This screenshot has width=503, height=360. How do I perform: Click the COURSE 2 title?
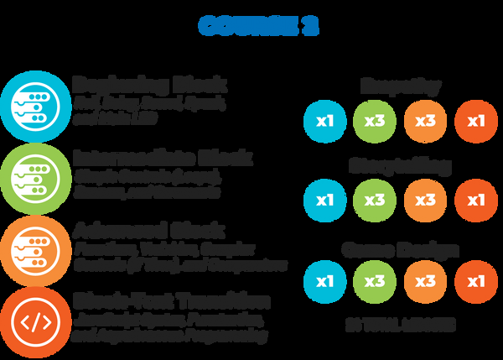pos(258,26)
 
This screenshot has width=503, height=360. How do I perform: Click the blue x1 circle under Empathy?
pos(324,121)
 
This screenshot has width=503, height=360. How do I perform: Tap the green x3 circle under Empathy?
pos(374,121)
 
